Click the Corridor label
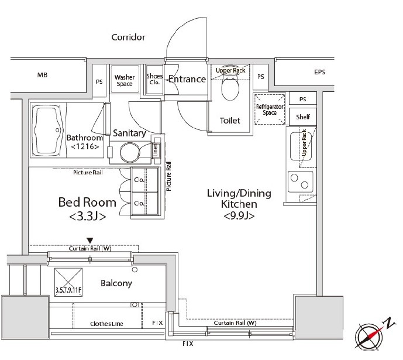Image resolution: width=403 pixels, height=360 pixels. point(128,37)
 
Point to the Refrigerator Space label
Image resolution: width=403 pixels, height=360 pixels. point(270,109)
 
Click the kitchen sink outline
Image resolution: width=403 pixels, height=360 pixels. point(301,146)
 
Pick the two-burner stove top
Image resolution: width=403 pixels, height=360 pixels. point(301,182)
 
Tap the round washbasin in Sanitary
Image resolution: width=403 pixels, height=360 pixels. point(129,152)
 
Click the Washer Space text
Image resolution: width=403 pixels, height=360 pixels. point(125,80)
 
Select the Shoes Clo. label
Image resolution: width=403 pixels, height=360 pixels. point(154,79)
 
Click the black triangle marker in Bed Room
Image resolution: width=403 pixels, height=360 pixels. point(89,241)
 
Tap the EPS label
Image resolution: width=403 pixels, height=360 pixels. point(320,72)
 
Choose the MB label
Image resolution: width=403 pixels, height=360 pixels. point(43,75)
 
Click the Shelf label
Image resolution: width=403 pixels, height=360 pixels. point(303,117)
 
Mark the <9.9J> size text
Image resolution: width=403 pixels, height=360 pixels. point(239,215)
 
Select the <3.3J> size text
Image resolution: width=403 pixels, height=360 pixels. point(87,216)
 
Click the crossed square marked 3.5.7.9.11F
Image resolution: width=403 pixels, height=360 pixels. point(68,283)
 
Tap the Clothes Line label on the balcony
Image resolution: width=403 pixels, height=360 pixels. point(106,324)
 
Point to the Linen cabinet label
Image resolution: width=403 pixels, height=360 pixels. point(156,149)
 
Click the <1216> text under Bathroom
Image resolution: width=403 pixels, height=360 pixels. point(85,146)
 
